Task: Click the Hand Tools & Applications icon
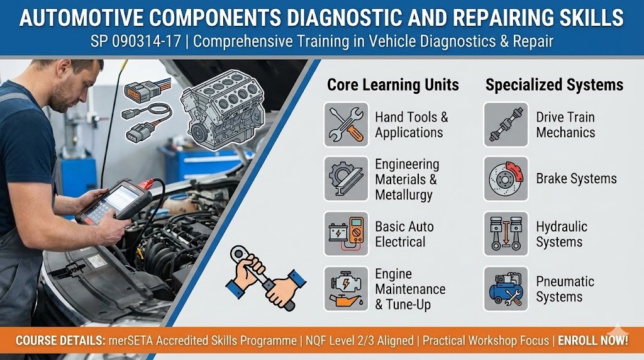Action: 347,125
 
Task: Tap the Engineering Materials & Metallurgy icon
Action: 347,179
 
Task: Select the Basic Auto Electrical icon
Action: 347,234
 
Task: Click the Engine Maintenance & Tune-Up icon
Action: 347,289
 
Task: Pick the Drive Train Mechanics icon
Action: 506,125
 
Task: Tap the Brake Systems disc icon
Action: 506,179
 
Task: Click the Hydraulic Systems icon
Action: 506,234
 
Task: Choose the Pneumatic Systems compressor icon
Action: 506,289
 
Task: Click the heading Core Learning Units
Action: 392,85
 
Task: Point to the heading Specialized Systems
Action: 554,85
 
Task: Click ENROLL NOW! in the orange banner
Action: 592,340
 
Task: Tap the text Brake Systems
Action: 576,179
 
